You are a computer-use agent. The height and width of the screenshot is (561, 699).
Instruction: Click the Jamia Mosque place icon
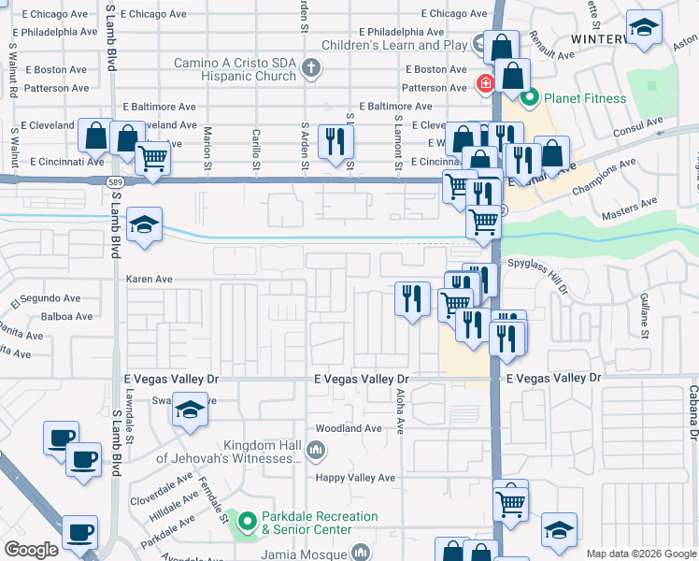coord(362,554)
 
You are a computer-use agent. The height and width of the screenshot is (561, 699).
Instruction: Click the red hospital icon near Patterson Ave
coord(486,85)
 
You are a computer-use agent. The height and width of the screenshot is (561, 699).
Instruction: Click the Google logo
coord(32,551)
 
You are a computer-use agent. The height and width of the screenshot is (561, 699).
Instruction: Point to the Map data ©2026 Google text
coord(640,554)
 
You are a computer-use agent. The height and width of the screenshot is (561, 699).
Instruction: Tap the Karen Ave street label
coord(150,279)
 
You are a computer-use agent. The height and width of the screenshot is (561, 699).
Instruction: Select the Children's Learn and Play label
coord(393,45)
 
